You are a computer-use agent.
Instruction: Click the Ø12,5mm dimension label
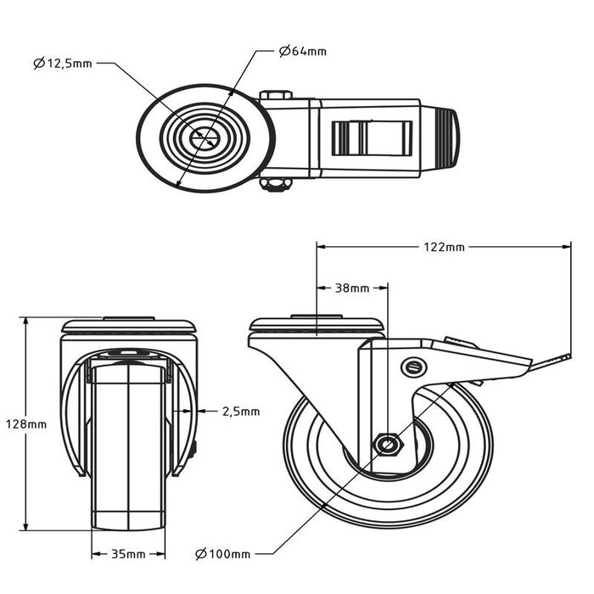point(63,63)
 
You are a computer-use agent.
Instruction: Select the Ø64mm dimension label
point(302,51)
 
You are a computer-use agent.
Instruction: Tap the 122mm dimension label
point(443,247)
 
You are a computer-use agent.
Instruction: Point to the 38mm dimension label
point(352,288)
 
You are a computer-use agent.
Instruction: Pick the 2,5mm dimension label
point(240,412)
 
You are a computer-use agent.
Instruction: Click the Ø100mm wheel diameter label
point(221,554)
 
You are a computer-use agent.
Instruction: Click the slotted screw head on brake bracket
point(413,367)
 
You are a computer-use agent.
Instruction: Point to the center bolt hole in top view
point(205,137)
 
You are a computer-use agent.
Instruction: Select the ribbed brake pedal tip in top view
point(449,137)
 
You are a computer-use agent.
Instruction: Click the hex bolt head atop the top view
point(277,96)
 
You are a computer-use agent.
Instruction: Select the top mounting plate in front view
point(129,326)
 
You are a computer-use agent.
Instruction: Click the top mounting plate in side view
point(317,326)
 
